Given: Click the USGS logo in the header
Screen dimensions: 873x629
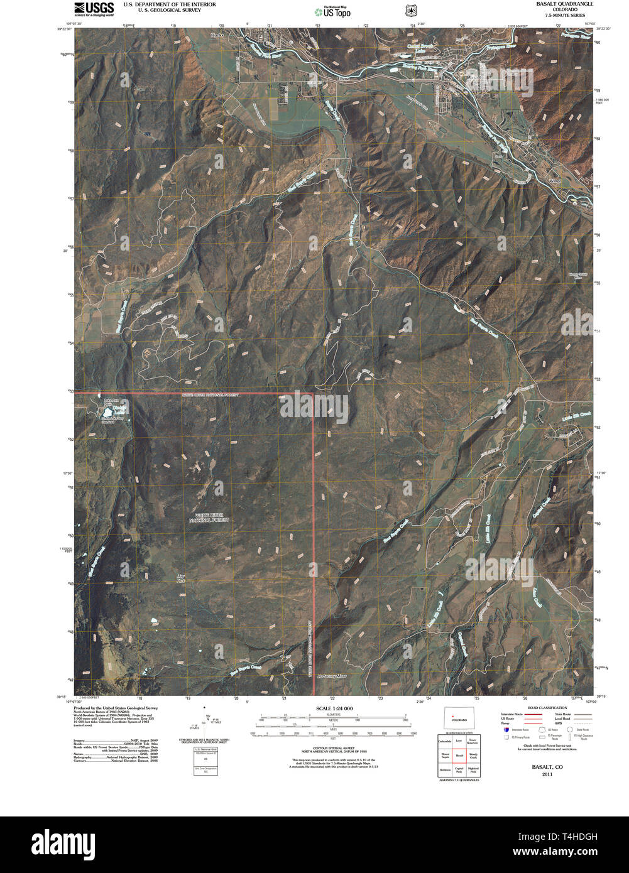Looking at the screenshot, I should click(x=94, y=8).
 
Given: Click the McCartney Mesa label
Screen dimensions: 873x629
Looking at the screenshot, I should click(x=331, y=676).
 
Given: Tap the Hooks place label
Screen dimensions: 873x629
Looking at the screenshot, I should click(x=217, y=36).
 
